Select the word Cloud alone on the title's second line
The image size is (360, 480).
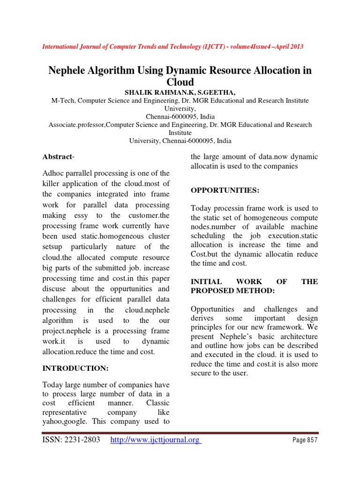click(x=180, y=82)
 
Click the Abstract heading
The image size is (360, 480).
click(x=58, y=156)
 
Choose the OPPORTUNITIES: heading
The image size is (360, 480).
click(x=225, y=190)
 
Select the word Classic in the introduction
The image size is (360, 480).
click(x=157, y=403)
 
